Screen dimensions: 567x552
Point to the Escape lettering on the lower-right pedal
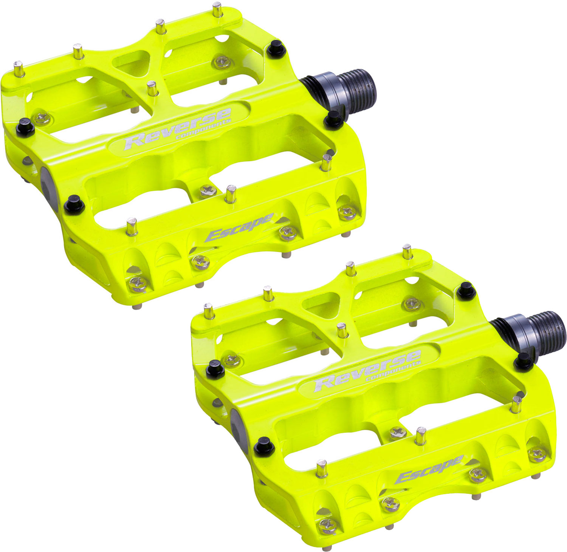click(429, 469)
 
